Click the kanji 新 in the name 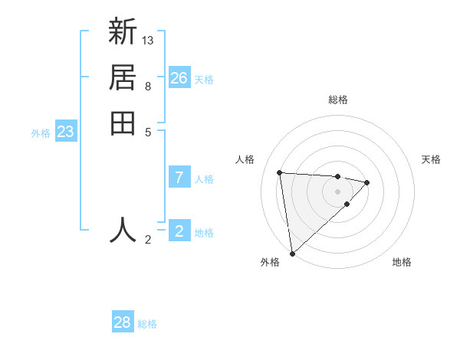[x=123, y=33]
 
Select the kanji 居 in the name [x=123, y=77]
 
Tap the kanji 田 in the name [x=123, y=123]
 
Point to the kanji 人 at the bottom [x=123, y=229]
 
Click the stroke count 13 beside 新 [x=148, y=40]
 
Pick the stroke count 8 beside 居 [x=148, y=86]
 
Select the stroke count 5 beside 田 [x=148, y=131]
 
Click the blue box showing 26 [x=179, y=78]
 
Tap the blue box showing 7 [x=179, y=178]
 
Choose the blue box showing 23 [x=66, y=132]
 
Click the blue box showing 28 [x=123, y=322]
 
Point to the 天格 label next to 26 [x=204, y=80]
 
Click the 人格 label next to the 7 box [x=204, y=179]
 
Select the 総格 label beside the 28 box [x=147, y=324]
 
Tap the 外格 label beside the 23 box [x=41, y=133]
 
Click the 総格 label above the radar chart [x=338, y=100]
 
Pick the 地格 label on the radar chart [x=402, y=262]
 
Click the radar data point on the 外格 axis [x=292, y=254]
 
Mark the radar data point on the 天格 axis [x=367, y=182]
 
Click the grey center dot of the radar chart [x=338, y=191]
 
